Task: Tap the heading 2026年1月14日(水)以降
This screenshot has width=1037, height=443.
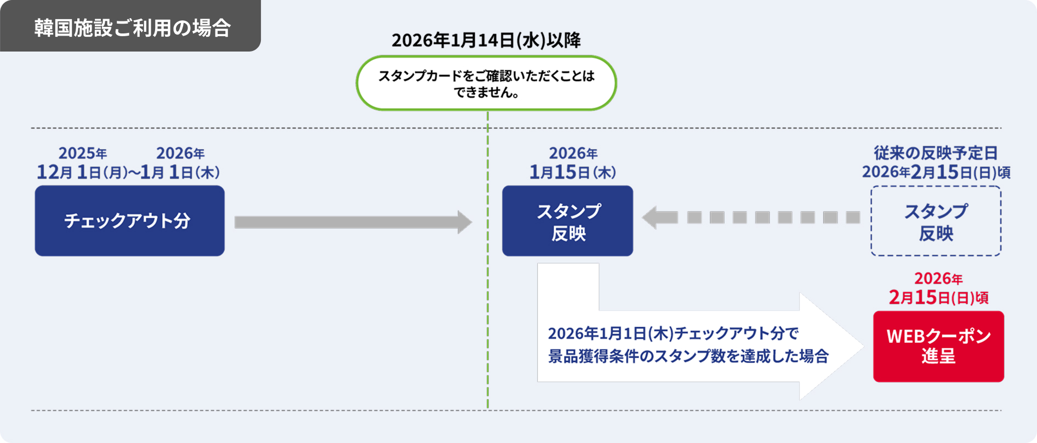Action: click(486, 40)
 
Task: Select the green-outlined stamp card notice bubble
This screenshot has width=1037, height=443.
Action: click(486, 83)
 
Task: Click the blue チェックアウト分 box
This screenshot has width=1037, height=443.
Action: click(129, 220)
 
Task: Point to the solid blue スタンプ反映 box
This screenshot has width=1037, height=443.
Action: click(567, 221)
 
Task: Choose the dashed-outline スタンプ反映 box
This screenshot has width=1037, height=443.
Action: click(936, 221)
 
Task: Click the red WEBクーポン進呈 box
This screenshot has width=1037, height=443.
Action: click(938, 346)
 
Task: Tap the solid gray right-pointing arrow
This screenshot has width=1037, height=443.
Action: click(351, 222)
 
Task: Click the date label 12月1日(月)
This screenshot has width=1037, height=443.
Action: click(82, 172)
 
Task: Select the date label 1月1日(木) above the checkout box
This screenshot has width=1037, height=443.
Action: click(180, 172)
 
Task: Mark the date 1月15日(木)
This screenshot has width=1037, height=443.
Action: click(572, 172)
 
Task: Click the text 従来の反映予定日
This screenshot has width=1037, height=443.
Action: click(935, 153)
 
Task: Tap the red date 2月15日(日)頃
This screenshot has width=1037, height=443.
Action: click(938, 297)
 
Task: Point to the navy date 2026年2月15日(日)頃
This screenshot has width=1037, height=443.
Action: click(936, 172)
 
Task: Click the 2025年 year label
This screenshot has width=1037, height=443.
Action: click(83, 153)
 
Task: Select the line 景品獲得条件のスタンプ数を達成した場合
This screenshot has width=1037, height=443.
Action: click(688, 356)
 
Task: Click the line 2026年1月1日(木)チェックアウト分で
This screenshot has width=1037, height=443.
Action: click(673, 333)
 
